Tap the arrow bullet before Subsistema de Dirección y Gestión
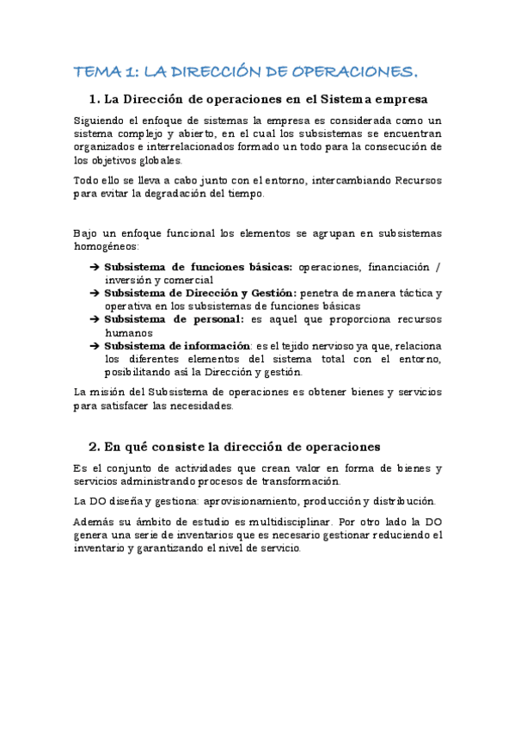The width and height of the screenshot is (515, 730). (94, 294)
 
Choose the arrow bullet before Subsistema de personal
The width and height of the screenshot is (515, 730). (94, 319)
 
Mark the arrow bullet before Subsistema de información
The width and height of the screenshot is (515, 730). (94, 346)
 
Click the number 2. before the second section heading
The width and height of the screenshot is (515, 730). (95, 447)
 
